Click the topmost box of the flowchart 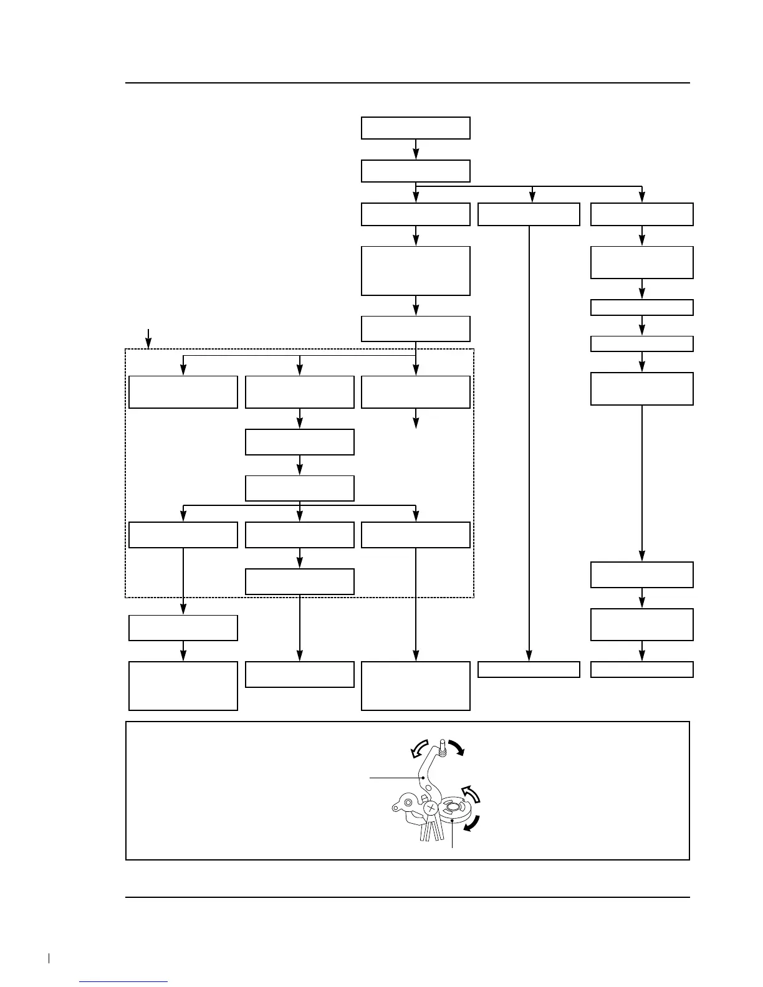tap(415, 128)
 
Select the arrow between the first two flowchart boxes tap(416, 150)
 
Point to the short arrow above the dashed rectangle tap(148, 338)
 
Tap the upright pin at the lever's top tap(442, 748)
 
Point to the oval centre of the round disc tap(453, 807)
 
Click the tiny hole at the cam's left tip tap(396, 808)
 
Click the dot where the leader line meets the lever tap(423, 778)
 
